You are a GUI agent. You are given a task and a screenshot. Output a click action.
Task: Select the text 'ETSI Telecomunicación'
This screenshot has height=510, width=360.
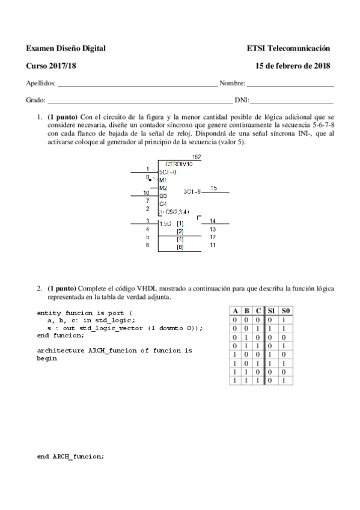coord(288,48)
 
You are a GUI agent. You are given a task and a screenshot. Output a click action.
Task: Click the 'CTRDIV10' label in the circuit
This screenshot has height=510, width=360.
coord(179,164)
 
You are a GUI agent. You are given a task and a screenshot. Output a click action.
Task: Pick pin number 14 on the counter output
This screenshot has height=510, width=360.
coord(212,221)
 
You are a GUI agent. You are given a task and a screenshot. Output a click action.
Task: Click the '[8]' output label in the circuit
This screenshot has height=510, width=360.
coord(179,247)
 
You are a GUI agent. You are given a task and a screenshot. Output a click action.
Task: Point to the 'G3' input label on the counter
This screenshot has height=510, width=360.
coord(163,196)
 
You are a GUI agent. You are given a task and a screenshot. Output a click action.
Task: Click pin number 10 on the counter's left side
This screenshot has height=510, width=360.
coord(147,192)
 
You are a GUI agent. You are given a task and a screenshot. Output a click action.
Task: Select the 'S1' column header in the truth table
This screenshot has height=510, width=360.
coord(273,310)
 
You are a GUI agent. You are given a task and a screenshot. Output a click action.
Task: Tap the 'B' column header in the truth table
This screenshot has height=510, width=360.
coord(247,310)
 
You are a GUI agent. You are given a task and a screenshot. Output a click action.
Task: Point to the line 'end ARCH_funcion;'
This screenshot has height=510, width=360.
coord(70,456)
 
